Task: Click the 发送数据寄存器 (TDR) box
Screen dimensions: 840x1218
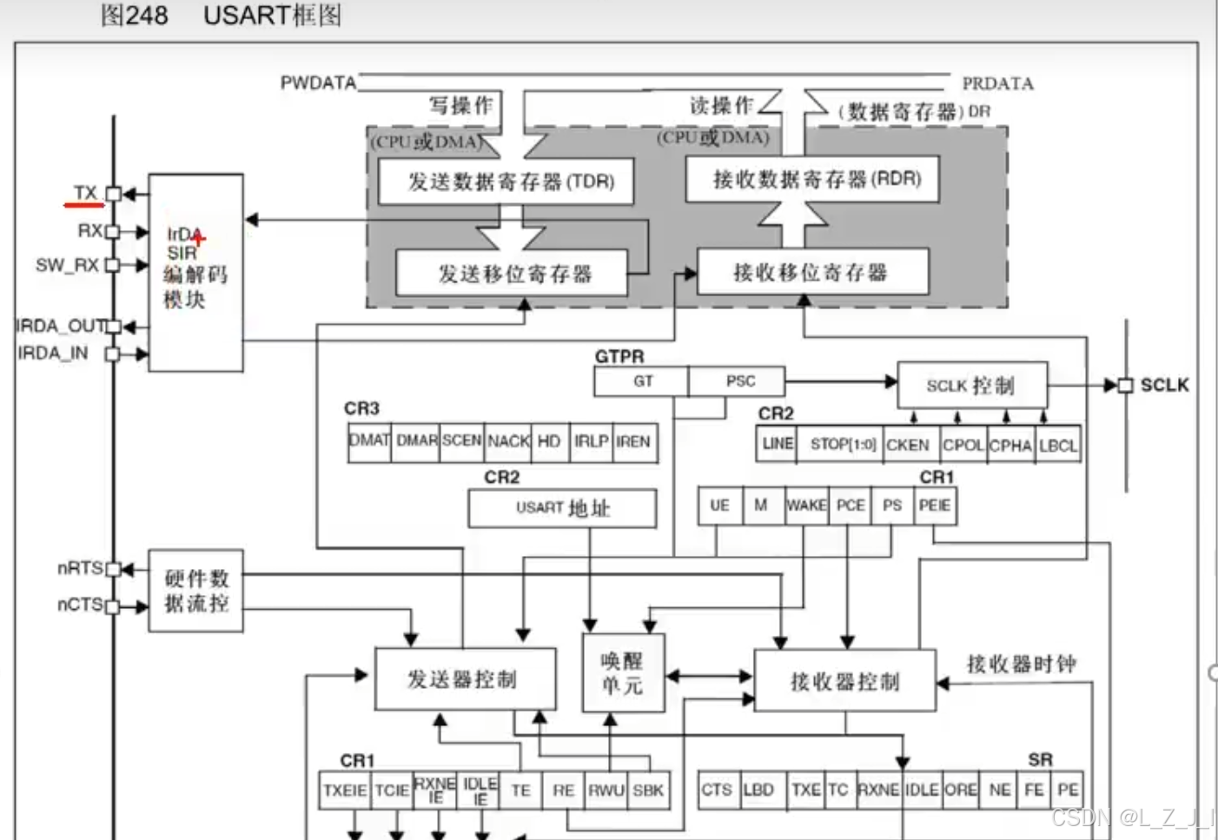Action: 506,182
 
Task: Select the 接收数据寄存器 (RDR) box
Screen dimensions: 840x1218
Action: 812,179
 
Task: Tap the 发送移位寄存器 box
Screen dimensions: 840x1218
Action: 512,274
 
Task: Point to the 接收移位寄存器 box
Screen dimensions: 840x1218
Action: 812,273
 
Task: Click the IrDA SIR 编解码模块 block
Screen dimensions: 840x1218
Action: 195,272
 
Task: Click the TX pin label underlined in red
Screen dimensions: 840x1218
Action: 85,193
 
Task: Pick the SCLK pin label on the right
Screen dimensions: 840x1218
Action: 1164,385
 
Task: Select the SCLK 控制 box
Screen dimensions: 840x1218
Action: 971,386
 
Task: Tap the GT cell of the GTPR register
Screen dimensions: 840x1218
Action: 642,381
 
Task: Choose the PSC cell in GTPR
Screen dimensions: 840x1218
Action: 740,381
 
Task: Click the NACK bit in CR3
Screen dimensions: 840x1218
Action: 508,441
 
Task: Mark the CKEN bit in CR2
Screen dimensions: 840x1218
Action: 908,445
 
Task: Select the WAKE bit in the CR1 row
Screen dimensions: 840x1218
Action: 806,506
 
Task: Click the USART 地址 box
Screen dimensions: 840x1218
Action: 562,508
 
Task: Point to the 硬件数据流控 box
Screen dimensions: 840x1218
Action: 195,591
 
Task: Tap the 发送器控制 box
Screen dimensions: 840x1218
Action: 464,679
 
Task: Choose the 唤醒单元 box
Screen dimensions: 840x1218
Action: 622,673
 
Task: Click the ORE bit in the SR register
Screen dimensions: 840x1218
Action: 961,790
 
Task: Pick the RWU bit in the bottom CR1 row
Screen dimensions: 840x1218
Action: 606,790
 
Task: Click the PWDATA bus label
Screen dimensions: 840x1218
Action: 318,83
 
